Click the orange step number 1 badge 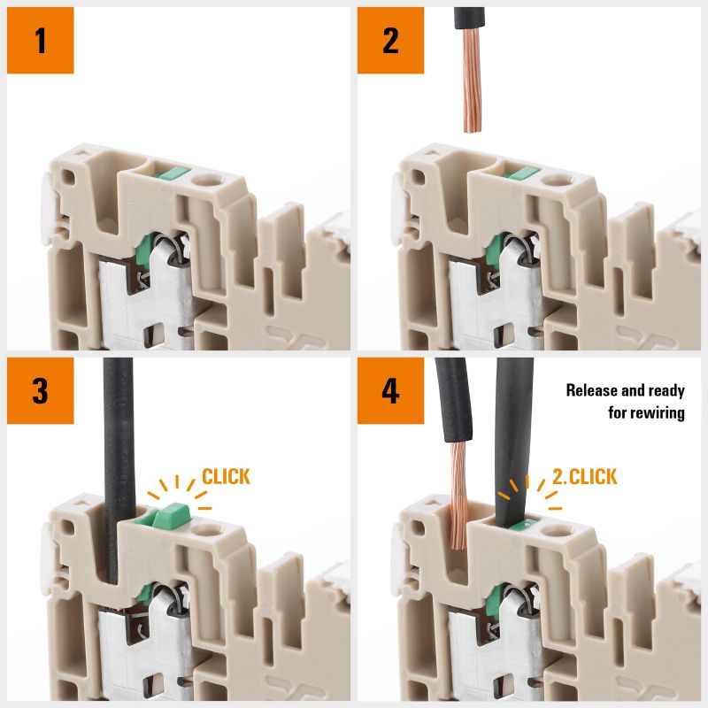(x=41, y=41)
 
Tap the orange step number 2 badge (x=391, y=41)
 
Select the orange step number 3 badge (x=41, y=391)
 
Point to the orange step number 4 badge (x=391, y=391)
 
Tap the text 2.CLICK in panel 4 (x=584, y=477)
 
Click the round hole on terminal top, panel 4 (x=558, y=531)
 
